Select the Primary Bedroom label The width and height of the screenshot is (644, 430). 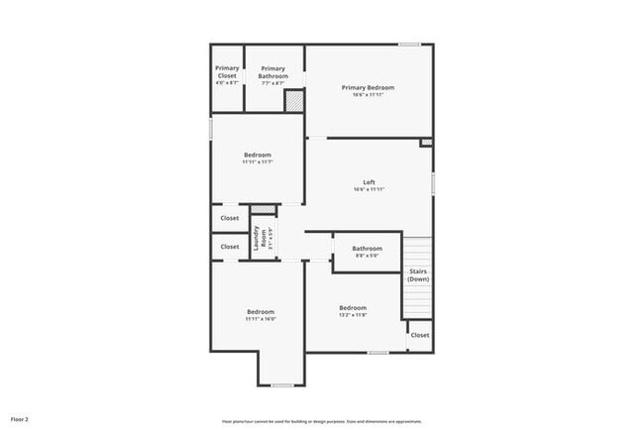pyautogui.click(x=369, y=88)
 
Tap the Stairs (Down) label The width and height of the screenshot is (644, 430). pyautogui.click(x=418, y=274)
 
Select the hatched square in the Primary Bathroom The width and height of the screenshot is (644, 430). pyautogui.click(x=293, y=101)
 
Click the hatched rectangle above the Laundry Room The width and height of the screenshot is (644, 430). pyautogui.click(x=262, y=209)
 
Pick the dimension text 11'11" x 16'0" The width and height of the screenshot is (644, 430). pyautogui.click(x=261, y=319)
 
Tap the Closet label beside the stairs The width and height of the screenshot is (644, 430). pyautogui.click(x=420, y=335)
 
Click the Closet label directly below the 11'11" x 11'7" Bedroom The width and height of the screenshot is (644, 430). pyautogui.click(x=230, y=218)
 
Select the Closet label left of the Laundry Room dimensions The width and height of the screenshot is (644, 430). pyautogui.click(x=230, y=247)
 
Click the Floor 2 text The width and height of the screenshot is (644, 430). pyautogui.click(x=20, y=419)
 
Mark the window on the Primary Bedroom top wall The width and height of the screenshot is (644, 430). pyautogui.click(x=409, y=44)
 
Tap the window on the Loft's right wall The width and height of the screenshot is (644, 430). pyautogui.click(x=433, y=184)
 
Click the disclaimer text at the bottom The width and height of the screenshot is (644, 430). pyautogui.click(x=322, y=419)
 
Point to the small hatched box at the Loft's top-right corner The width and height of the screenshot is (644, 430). pyautogui.click(x=426, y=143)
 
